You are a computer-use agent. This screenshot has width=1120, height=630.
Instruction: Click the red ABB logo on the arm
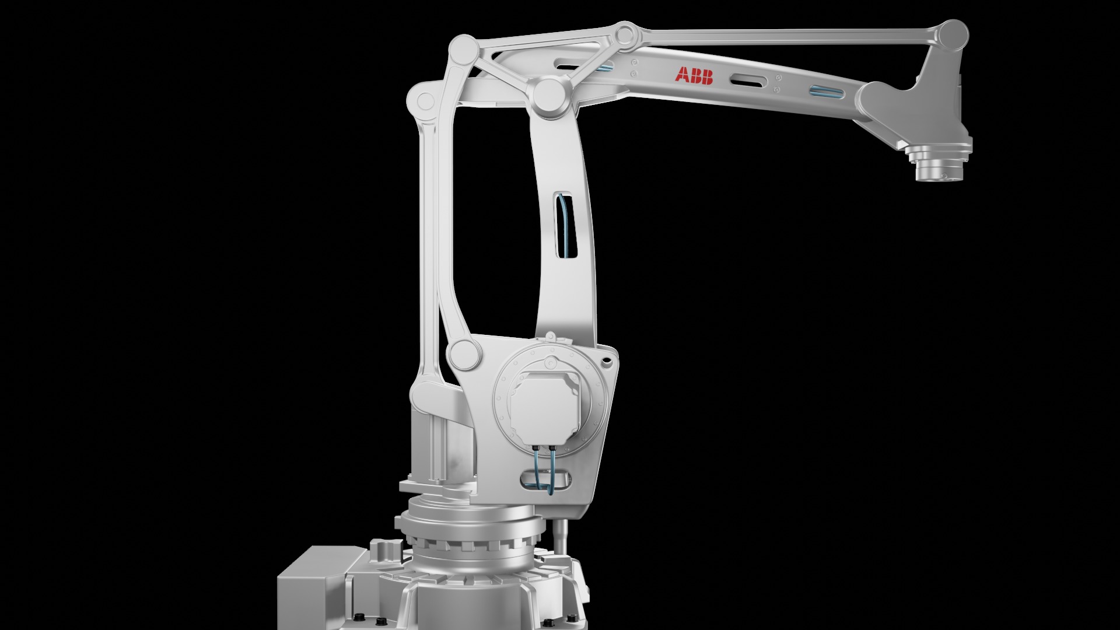(694, 76)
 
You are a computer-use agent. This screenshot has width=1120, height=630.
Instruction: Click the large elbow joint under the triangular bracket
(550, 97)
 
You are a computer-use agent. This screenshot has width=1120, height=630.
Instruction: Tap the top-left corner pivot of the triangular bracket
(465, 48)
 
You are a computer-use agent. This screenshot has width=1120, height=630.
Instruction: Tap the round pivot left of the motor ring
(464, 353)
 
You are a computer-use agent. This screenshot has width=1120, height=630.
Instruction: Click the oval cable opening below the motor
(545, 480)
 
